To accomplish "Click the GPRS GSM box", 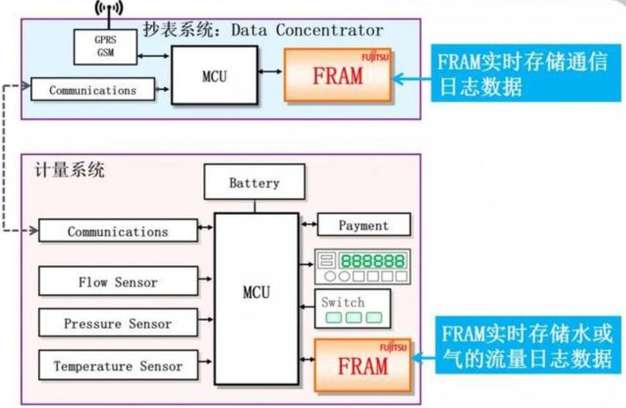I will [x=105, y=46].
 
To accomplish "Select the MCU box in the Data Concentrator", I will [x=214, y=75].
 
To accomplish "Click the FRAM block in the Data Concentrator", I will [x=338, y=75].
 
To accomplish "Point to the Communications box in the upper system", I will [x=93, y=90].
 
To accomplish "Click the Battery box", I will [x=254, y=182].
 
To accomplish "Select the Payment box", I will [x=363, y=225].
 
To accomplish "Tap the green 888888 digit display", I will [x=373, y=261].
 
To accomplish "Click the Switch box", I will [x=352, y=308].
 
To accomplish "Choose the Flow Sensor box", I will [x=118, y=282].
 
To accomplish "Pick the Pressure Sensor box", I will [x=118, y=324].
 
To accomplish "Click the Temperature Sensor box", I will [x=118, y=365].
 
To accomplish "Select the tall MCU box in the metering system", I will [x=256, y=292].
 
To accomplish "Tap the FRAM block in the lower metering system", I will [x=363, y=365].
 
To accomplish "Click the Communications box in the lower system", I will [x=118, y=231].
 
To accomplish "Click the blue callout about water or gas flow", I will [x=528, y=346].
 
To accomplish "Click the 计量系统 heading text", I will [x=69, y=172].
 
